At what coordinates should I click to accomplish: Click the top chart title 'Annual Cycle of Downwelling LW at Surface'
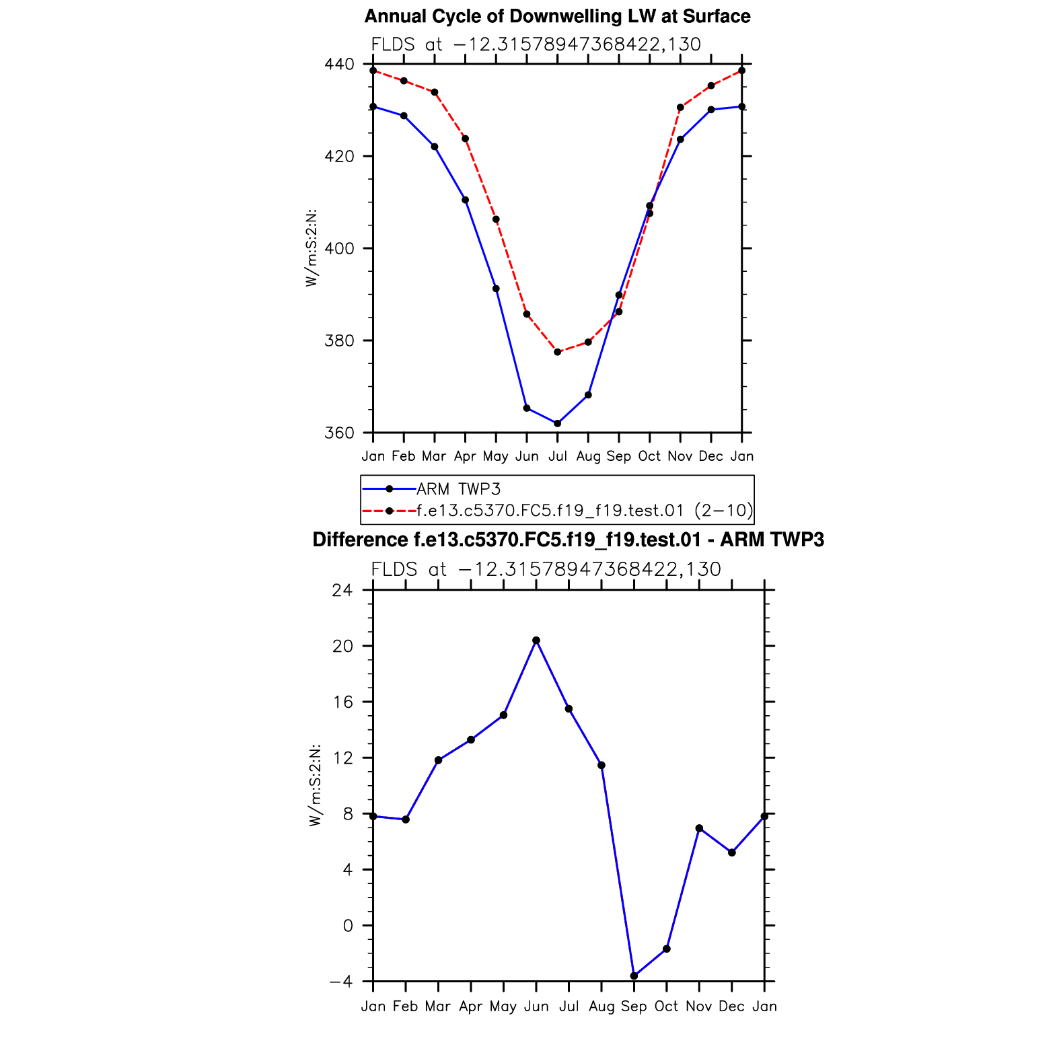pyautogui.click(x=557, y=16)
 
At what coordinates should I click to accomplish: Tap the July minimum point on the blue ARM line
pyautogui.click(x=557, y=423)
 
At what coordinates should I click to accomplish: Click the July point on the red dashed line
pyautogui.click(x=557, y=352)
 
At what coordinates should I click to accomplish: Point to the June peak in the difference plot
pyautogui.click(x=536, y=641)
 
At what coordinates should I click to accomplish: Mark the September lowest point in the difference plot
pyautogui.click(x=634, y=976)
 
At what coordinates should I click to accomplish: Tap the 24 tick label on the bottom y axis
pyautogui.click(x=342, y=591)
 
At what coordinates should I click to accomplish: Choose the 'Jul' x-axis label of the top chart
pyautogui.click(x=557, y=456)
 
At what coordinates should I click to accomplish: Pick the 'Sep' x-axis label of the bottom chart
pyautogui.click(x=634, y=1007)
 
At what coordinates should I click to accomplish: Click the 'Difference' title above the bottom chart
pyautogui.click(x=568, y=540)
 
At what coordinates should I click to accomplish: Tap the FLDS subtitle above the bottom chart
pyautogui.click(x=546, y=569)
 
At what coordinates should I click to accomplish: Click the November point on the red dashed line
pyautogui.click(x=680, y=108)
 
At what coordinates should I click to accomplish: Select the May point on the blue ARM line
pyautogui.click(x=496, y=289)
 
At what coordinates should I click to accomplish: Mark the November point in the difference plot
pyautogui.click(x=699, y=828)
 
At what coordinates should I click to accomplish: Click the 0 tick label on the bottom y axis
pyautogui.click(x=348, y=926)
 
